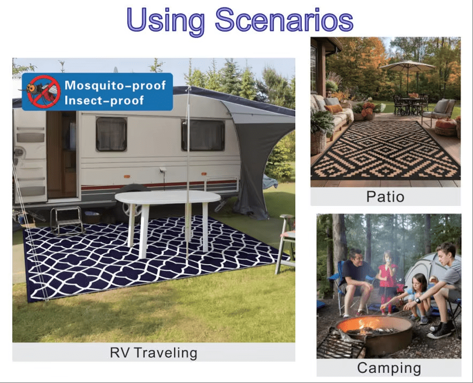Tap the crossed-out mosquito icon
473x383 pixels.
point(43,91)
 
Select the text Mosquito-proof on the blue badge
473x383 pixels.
point(115,85)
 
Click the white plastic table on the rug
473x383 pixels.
point(167,198)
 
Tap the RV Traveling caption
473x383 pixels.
point(154,353)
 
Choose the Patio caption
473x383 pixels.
point(385,197)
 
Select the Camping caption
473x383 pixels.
point(389,368)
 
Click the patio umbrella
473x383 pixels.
point(408,66)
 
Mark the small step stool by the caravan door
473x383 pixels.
point(67,218)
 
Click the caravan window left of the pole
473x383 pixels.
point(111,134)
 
